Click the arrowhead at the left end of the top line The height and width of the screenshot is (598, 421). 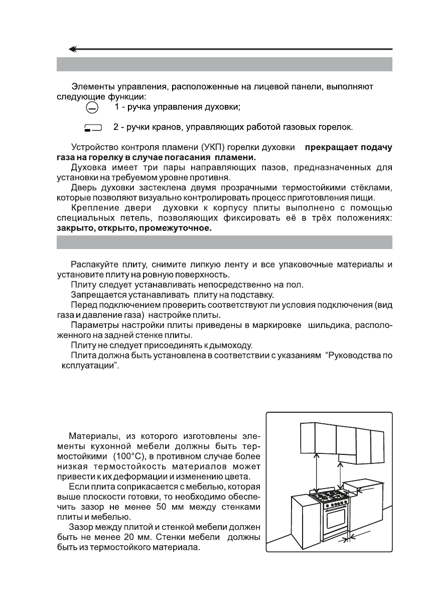[74, 49]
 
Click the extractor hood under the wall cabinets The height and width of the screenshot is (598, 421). [355, 457]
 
